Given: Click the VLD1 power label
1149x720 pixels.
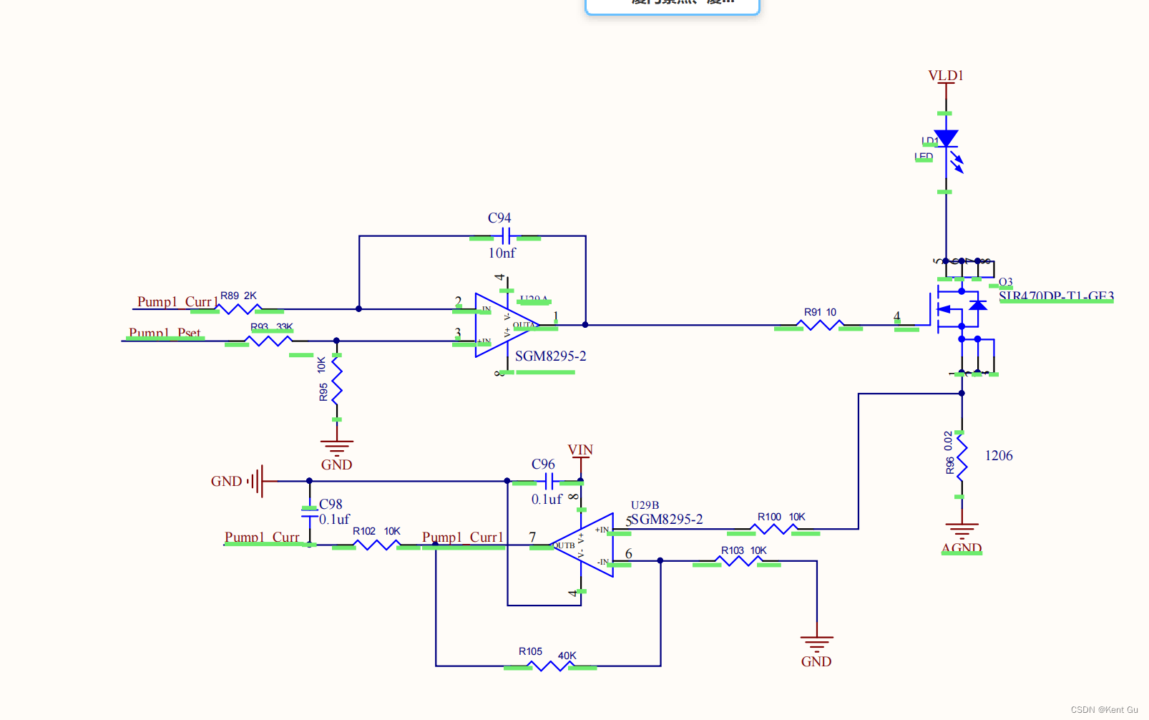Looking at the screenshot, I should [945, 75].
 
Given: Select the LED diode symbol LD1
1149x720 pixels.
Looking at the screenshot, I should [946, 138].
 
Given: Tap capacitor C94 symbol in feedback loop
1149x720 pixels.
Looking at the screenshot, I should [505, 236].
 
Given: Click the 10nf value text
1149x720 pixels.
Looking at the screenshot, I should [502, 253].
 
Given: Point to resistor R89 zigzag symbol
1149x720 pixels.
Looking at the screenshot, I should [239, 309].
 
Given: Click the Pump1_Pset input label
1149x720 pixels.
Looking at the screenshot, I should [165, 333].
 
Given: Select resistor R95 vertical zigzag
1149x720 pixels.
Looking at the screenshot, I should [337, 387].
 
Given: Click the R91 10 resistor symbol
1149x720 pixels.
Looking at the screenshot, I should [820, 325].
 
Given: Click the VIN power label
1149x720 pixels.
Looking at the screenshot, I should [580, 449].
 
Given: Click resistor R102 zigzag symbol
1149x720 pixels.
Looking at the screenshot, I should [376, 545].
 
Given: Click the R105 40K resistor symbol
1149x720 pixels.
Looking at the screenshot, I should [549, 666].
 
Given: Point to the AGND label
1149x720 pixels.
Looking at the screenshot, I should [962, 548].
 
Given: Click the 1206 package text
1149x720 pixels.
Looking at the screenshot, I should [999, 455].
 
